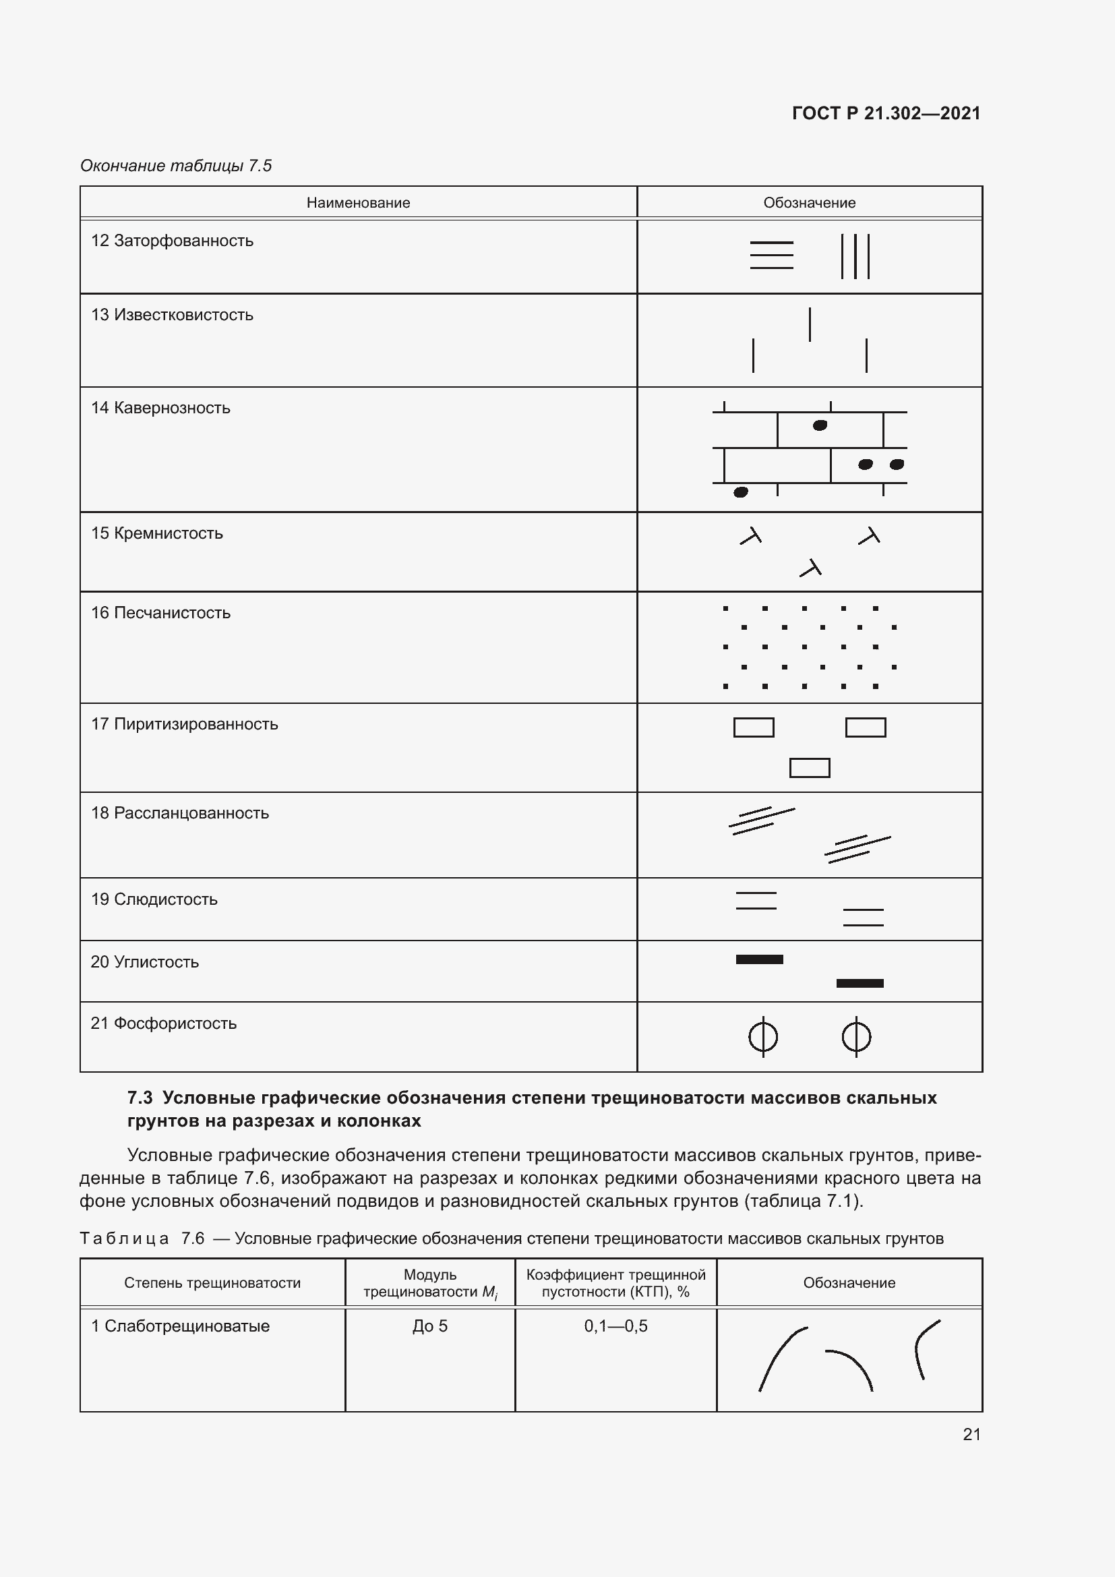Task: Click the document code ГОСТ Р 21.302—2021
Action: pyautogui.click(x=886, y=113)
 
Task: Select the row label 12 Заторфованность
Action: pyautogui.click(x=173, y=241)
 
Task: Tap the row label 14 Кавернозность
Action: pyautogui.click(x=160, y=408)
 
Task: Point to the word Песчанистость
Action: pyautogui.click(x=172, y=613)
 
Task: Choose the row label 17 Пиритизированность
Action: pyautogui.click(x=184, y=724)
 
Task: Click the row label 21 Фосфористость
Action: pyautogui.click(x=163, y=1023)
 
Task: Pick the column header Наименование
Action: pyautogui.click(x=358, y=203)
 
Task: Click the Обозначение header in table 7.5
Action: pyautogui.click(x=810, y=203)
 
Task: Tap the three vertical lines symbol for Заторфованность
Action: pyautogui.click(x=855, y=256)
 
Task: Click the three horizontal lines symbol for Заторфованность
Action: pyautogui.click(x=772, y=255)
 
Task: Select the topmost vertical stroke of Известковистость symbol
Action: pyautogui.click(x=810, y=324)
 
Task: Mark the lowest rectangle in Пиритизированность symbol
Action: pyautogui.click(x=810, y=768)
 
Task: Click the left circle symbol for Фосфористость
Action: pyautogui.click(x=763, y=1037)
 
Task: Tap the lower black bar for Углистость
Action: pyautogui.click(x=860, y=984)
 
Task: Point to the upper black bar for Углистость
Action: pyautogui.click(x=759, y=959)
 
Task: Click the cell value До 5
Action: pyautogui.click(x=430, y=1326)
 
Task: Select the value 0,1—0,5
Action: pyautogui.click(x=616, y=1326)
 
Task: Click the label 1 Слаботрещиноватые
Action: pyautogui.click(x=180, y=1326)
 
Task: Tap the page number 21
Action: pyautogui.click(x=971, y=1434)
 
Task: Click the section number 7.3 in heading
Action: pyautogui.click(x=140, y=1098)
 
